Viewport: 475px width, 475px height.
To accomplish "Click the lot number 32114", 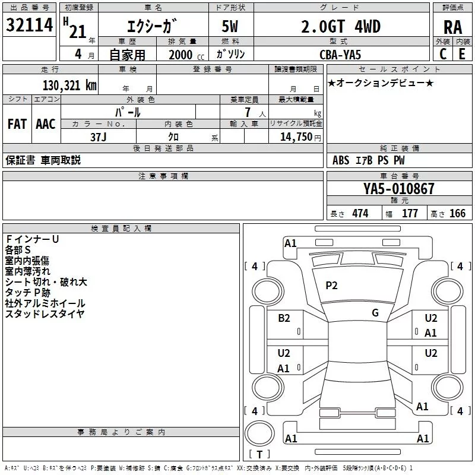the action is pos(29,25).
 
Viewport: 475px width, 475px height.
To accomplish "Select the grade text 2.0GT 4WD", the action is pos(341,26).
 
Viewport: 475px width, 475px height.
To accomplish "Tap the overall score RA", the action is pos(452,27).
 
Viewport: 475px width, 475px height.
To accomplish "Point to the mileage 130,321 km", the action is pos(69,85).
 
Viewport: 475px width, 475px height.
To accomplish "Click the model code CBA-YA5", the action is pos(340,55).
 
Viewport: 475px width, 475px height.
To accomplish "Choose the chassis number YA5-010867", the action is pos(398,189).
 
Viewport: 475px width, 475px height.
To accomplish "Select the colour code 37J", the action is pos(98,137).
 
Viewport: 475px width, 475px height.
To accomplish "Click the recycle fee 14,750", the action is pos(296,137).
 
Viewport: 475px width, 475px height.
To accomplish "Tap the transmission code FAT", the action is pos(17,124).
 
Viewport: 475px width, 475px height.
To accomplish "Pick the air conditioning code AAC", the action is pos(46,124).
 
